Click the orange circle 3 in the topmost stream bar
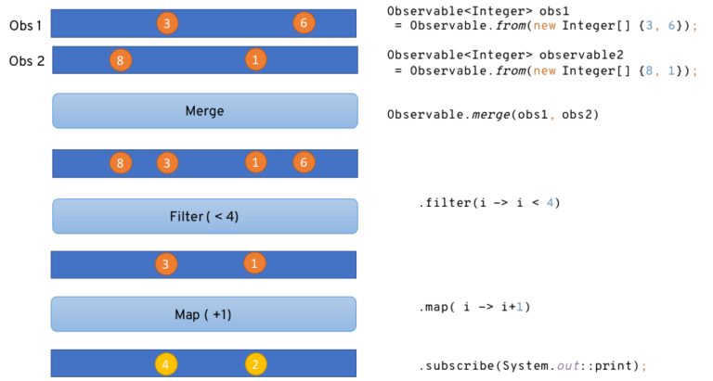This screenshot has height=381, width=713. coord(166,23)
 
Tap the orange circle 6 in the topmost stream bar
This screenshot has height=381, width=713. coord(304,23)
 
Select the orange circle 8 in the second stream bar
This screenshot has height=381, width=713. coord(120,60)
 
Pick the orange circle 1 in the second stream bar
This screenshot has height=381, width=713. coord(255,59)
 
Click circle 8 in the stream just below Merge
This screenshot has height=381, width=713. coord(120,163)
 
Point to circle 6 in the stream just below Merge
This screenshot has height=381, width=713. coord(304,162)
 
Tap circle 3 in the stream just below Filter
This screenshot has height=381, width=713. coord(166,264)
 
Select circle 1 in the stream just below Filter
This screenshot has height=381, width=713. coord(254,263)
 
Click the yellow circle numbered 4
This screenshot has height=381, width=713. coord(166,364)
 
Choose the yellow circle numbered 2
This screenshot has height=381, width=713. coord(256,364)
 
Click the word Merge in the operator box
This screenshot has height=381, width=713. coord(204,111)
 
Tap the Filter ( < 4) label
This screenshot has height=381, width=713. coord(204,217)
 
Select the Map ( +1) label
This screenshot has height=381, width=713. coord(203,314)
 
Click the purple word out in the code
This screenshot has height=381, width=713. coord(568,366)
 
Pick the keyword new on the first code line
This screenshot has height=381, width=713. coord(545,26)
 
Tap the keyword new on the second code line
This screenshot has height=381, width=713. coord(545,71)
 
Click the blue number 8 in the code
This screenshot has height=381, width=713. coord(650,71)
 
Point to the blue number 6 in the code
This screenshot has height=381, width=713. coord(671,26)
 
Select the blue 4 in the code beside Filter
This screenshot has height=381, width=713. coord(550,203)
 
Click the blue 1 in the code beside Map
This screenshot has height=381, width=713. coord(520,307)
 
